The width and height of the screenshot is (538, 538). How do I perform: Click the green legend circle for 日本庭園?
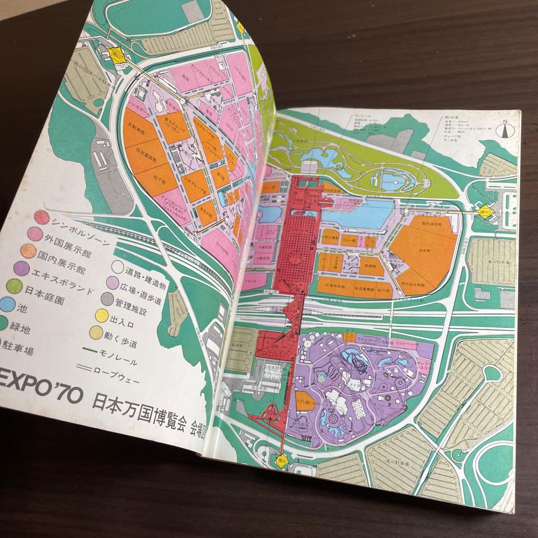coord(14,286)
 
